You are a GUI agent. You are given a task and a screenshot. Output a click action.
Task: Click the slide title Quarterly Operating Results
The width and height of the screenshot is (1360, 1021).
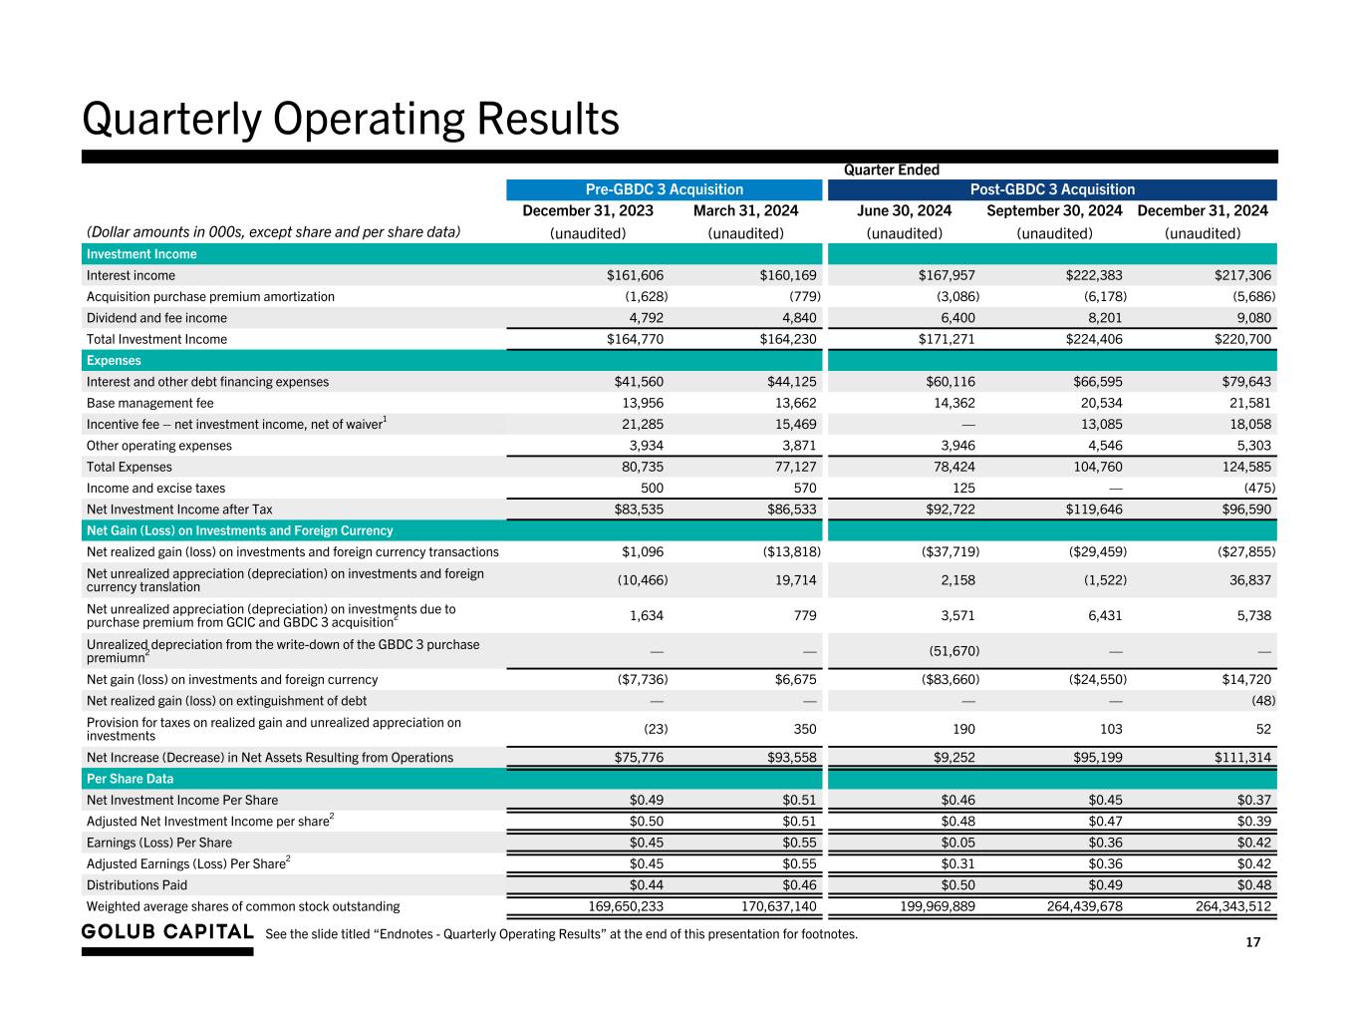click(x=351, y=119)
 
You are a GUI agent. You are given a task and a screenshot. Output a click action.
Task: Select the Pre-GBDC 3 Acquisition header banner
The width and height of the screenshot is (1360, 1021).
click(x=664, y=189)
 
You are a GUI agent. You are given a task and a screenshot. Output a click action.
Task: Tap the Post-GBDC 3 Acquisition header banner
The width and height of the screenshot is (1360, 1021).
click(x=1052, y=189)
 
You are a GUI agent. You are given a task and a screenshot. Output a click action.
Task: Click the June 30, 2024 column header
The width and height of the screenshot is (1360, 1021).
click(x=904, y=210)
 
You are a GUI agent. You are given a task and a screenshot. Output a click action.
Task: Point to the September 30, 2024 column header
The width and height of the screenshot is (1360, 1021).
click(x=1054, y=210)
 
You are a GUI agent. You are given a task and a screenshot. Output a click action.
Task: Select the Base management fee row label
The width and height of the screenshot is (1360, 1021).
click(x=149, y=403)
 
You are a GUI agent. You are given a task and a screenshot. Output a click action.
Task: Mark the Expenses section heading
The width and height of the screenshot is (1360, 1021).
click(x=114, y=361)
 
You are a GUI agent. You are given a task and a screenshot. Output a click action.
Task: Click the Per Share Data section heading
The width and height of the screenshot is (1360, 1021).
click(x=130, y=779)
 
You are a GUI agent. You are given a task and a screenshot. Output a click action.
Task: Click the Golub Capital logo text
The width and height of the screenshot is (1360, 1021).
click(x=167, y=932)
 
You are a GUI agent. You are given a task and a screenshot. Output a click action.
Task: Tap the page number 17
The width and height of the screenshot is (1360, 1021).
click(x=1252, y=943)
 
